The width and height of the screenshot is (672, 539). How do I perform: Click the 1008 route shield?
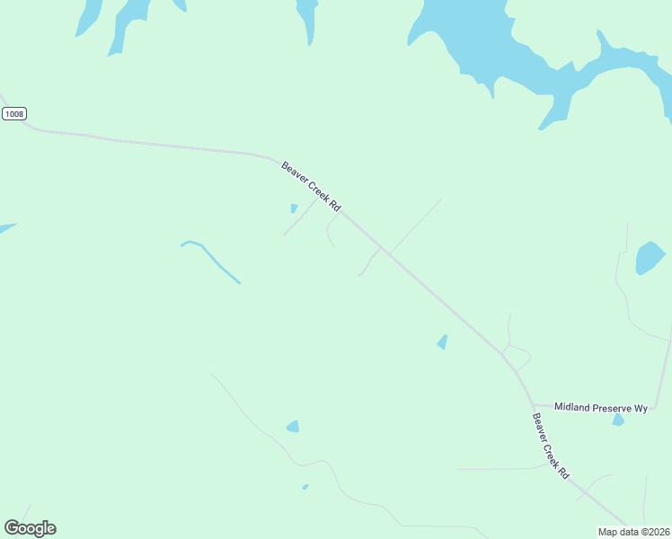click(x=13, y=113)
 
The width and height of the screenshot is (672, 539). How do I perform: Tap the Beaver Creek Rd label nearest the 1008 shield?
click(x=311, y=186)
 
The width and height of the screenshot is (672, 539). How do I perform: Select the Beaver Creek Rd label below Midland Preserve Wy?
click(x=550, y=445)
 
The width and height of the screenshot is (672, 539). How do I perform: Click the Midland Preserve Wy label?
click(x=600, y=408)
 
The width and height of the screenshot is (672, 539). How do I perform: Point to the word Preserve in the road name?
click(x=609, y=408)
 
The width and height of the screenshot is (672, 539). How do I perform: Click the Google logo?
click(x=30, y=528)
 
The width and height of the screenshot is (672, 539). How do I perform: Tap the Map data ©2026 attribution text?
click(x=633, y=532)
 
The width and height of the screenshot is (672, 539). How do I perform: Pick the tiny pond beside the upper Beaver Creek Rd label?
click(x=294, y=208)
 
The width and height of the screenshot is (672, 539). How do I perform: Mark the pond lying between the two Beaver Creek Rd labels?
click(x=442, y=341)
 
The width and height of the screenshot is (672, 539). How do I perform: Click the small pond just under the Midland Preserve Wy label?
click(x=618, y=420)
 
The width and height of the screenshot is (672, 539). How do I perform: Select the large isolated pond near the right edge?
click(x=649, y=258)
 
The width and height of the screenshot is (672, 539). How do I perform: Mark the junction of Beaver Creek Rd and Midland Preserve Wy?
click(x=533, y=405)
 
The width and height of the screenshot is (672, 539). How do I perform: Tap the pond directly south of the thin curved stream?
click(x=293, y=427)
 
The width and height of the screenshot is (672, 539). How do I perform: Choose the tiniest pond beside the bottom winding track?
click(x=305, y=487)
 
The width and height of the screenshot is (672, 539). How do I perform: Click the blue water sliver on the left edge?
click(x=5, y=228)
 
